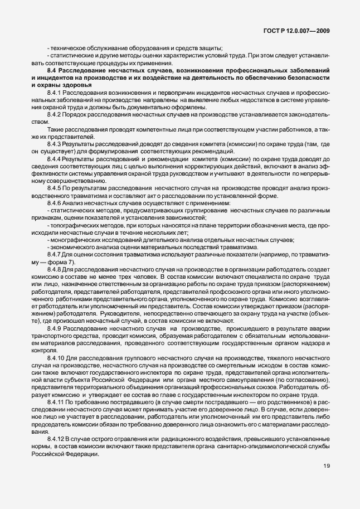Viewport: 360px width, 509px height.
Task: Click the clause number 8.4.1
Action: point(55,92)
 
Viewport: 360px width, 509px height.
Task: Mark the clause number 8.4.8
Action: point(55,269)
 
